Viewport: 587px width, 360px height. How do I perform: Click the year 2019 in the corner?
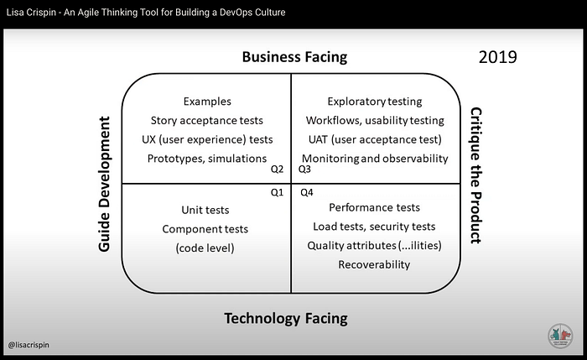[497, 57]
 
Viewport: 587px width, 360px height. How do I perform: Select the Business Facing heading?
[294, 57]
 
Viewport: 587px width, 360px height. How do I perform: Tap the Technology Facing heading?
[286, 318]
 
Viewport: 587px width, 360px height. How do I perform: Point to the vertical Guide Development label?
[104, 184]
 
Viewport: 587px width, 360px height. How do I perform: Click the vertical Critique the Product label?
[476, 175]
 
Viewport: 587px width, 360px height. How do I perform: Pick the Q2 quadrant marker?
[277, 170]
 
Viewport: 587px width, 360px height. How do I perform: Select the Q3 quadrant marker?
[304, 170]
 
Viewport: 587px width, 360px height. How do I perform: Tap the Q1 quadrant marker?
[277, 192]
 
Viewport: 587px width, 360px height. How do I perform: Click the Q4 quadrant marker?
[307, 192]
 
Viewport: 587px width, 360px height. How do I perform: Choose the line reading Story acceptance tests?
[206, 121]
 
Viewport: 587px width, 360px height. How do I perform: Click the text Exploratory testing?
[375, 102]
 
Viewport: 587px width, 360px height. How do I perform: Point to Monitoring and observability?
[375, 159]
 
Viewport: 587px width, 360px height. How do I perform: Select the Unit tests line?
[205, 210]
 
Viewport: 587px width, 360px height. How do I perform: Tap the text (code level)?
[205, 248]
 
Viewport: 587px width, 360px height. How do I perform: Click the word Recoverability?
[374, 264]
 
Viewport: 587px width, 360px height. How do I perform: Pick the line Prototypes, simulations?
[207, 159]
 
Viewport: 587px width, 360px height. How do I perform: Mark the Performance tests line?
[374, 207]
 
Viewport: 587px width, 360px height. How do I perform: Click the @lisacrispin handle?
[29, 345]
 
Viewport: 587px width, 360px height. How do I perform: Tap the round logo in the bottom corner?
[560, 336]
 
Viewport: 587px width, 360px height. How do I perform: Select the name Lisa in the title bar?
[14, 13]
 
